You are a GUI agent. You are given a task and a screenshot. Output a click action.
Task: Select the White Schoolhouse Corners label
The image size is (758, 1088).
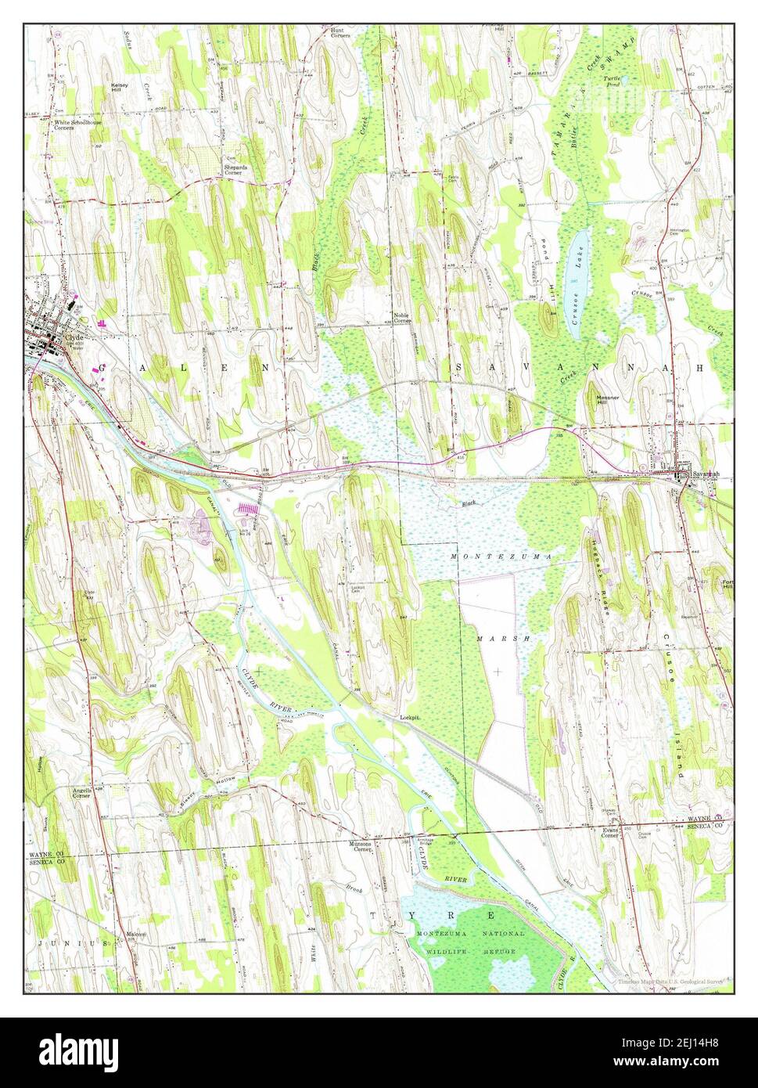point(77,125)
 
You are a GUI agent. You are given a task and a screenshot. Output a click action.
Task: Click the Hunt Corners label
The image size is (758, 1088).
point(339,33)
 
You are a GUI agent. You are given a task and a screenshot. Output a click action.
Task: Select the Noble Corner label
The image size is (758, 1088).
point(402,318)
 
